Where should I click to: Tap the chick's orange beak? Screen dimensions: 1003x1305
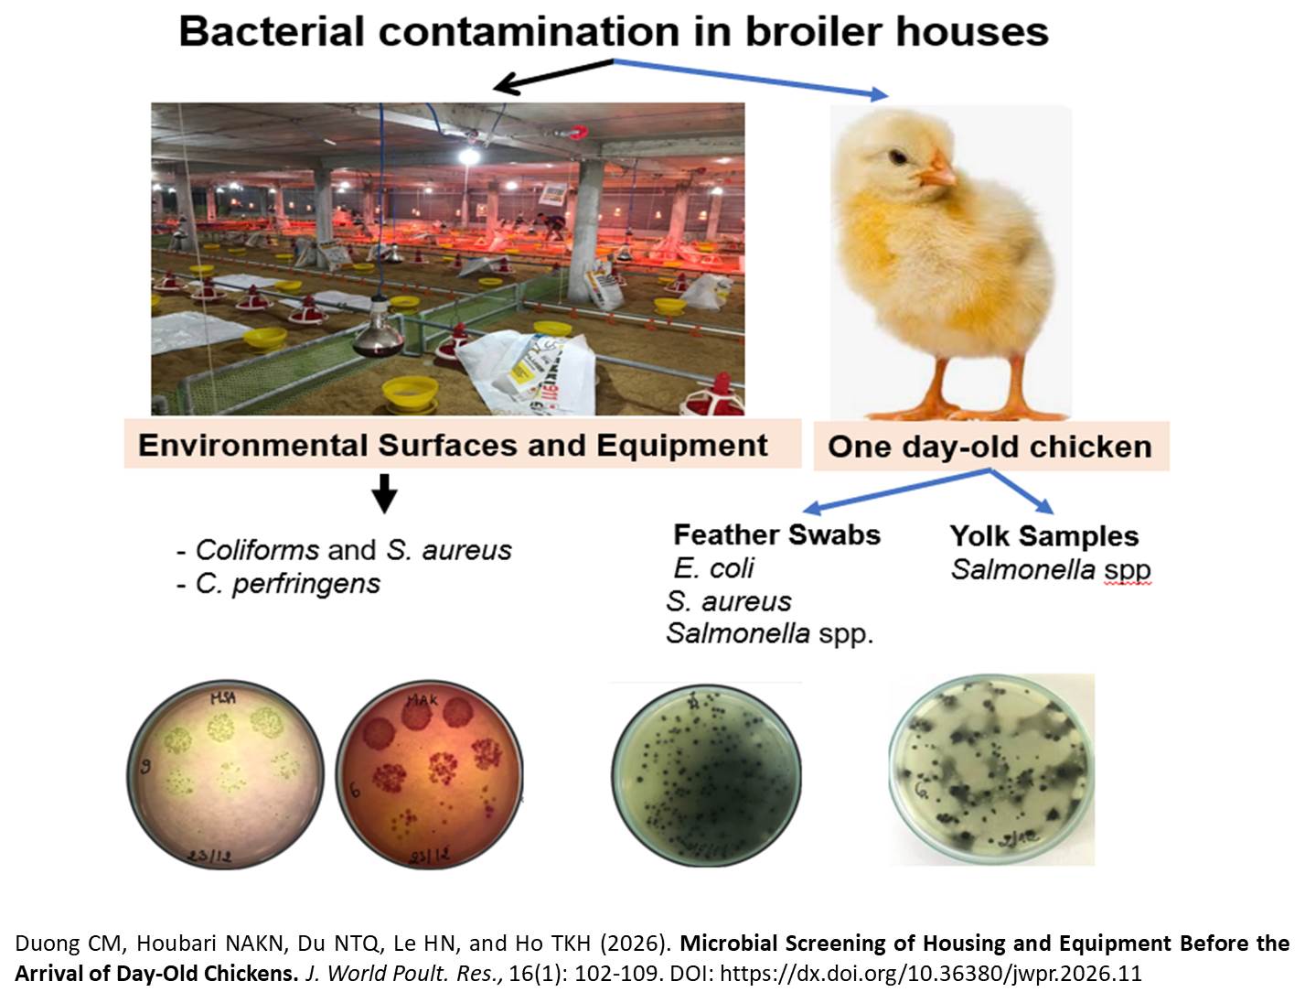point(941,171)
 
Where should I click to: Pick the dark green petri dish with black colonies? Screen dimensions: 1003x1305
point(705,774)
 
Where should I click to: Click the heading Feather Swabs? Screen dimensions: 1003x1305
point(776,534)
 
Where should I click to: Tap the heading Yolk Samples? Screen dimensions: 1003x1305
point(1043,535)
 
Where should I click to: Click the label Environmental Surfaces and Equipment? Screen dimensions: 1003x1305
point(453,446)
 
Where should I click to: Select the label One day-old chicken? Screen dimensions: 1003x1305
point(989,447)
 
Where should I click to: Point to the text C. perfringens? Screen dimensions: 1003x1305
point(287,584)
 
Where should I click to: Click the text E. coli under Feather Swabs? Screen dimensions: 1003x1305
point(713,568)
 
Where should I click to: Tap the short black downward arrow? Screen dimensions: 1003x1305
point(385,493)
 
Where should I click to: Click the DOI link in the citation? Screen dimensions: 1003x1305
point(931,973)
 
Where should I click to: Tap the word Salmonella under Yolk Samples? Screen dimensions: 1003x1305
point(1022,569)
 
